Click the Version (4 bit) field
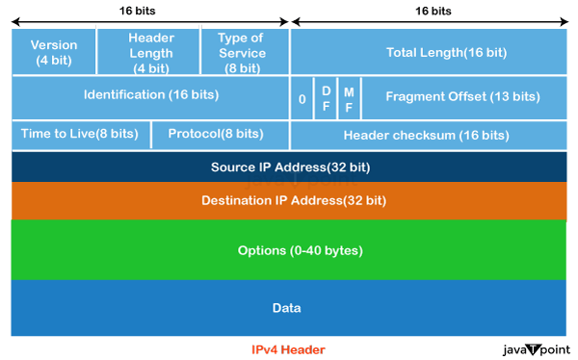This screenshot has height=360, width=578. [54, 52]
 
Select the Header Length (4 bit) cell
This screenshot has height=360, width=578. [149, 52]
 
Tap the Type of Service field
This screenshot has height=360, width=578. [243, 52]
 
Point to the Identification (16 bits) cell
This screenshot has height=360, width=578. [151, 95]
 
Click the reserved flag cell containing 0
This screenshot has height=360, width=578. [302, 97]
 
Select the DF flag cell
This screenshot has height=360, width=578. [326, 97]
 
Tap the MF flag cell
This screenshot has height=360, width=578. [349, 97]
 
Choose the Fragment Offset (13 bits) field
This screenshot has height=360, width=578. [462, 96]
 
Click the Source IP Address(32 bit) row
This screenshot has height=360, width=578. [290, 167]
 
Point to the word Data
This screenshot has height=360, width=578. [286, 308]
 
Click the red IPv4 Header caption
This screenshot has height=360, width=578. [288, 349]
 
